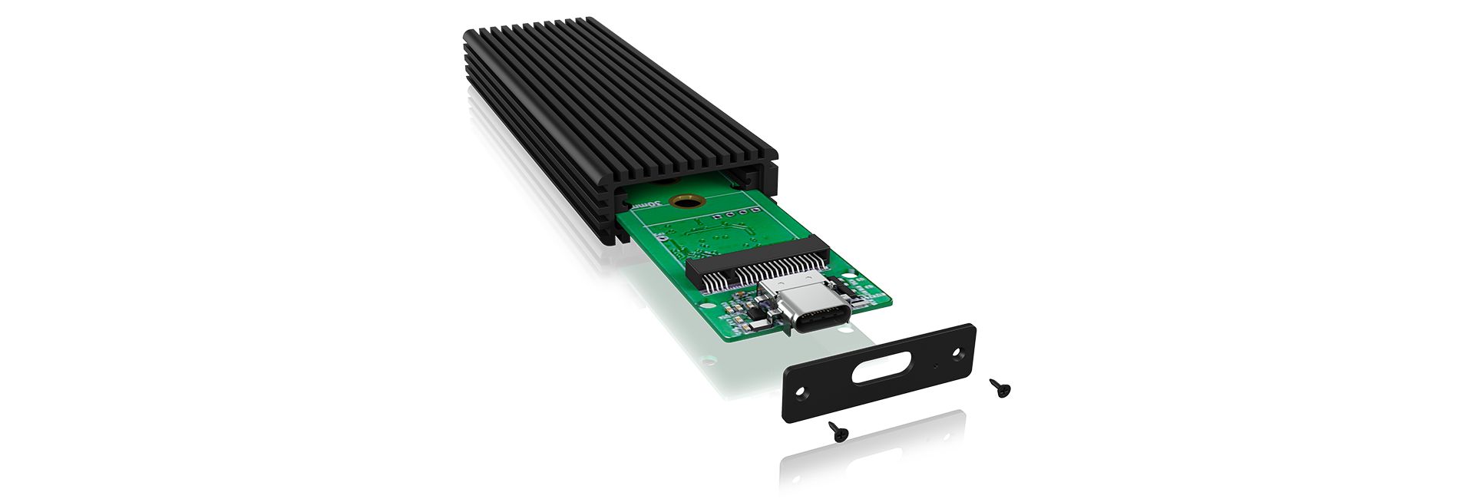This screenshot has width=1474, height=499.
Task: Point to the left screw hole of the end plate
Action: (x=801, y=392)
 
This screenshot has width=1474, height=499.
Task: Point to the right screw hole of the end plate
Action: (x=957, y=354)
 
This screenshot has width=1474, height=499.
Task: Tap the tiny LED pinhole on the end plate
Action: (x=935, y=366)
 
